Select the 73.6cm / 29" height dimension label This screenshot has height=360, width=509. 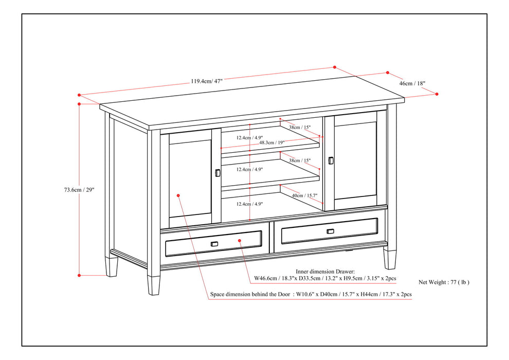(77, 190)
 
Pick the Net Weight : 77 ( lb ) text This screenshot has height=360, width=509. (444, 282)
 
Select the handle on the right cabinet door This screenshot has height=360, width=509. (331, 160)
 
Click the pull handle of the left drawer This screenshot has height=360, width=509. (214, 243)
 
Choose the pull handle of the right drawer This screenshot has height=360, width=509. (330, 231)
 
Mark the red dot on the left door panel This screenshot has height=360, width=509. (178, 195)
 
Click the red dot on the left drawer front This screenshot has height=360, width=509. (240, 240)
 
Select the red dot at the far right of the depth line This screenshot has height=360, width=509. (437, 94)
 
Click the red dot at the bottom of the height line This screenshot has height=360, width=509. (79, 275)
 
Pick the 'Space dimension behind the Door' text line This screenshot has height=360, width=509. (311, 295)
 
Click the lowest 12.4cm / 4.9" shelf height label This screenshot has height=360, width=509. (250, 204)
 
